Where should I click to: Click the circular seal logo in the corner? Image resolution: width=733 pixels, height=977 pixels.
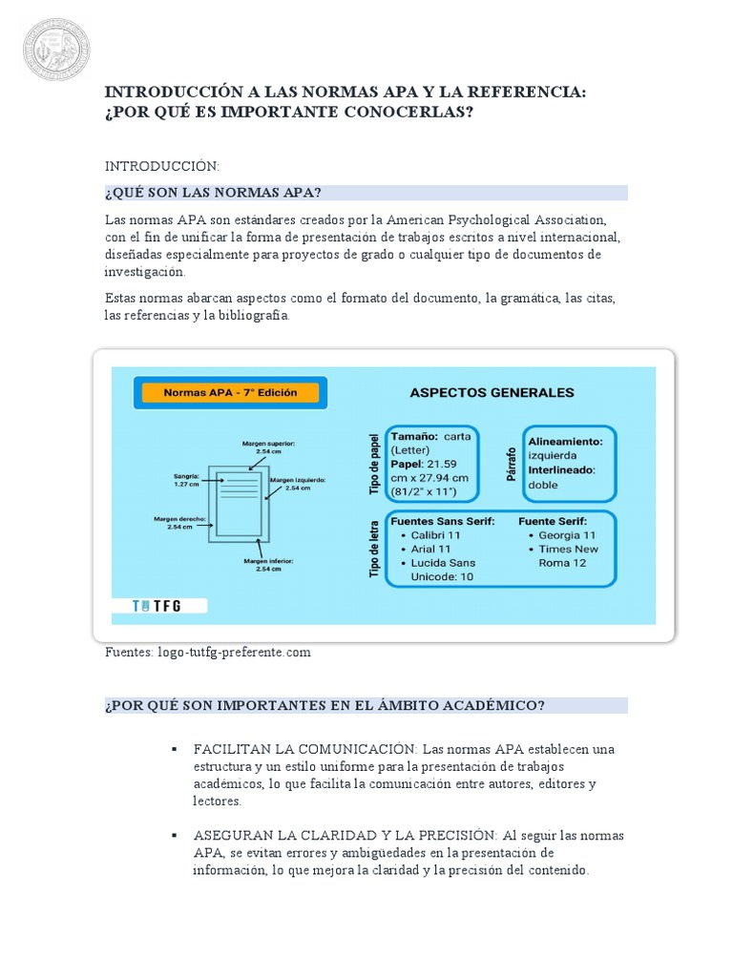click(57, 48)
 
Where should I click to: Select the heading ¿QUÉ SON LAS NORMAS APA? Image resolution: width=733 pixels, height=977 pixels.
click(214, 193)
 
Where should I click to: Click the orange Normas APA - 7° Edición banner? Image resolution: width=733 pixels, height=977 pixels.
click(230, 392)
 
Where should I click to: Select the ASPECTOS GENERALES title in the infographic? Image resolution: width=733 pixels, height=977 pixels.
click(492, 392)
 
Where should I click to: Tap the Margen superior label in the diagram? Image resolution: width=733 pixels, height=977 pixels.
click(268, 447)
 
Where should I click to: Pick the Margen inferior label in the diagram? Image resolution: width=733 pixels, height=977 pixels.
click(268, 565)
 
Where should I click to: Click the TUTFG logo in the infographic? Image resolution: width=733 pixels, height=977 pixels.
click(158, 605)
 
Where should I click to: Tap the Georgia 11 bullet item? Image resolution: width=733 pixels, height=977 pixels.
click(567, 535)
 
